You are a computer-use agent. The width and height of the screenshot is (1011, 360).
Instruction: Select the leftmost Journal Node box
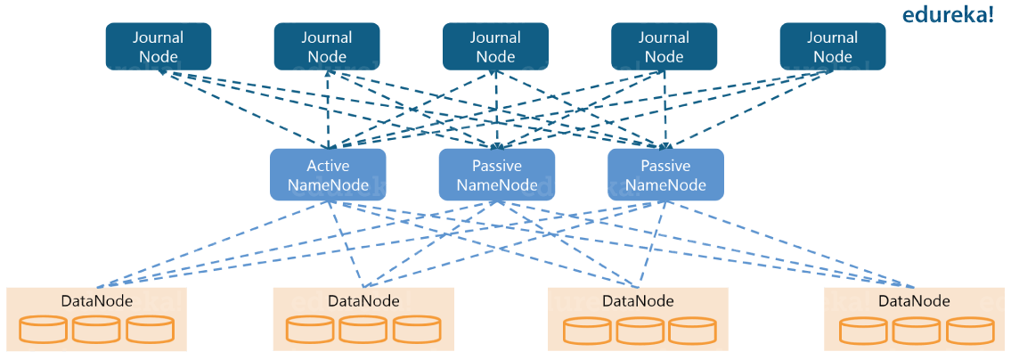click(x=159, y=46)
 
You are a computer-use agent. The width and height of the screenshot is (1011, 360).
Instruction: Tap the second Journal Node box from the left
click(x=327, y=46)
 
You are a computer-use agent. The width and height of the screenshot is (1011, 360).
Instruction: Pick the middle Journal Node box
click(x=495, y=46)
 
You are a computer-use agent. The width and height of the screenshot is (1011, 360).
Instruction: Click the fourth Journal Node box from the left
click(x=664, y=46)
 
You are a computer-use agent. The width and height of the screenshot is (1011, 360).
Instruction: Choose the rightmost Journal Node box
click(x=832, y=46)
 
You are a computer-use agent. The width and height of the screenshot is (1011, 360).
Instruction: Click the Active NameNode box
click(x=328, y=175)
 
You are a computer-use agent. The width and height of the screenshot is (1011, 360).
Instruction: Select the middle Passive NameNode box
click(x=496, y=175)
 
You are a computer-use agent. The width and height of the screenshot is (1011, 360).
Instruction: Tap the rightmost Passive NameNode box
click(x=665, y=175)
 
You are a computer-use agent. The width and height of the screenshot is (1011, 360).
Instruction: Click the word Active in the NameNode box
click(x=328, y=166)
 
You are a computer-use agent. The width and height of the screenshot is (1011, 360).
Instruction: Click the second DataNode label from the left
click(x=363, y=300)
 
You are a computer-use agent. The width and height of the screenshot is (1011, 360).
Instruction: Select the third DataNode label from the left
click(x=638, y=300)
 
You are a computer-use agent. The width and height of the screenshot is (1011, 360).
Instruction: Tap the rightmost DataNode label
click(x=914, y=300)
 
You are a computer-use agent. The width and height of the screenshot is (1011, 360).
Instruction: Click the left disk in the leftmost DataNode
click(x=43, y=329)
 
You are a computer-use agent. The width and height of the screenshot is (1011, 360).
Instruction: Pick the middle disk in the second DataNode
click(x=363, y=329)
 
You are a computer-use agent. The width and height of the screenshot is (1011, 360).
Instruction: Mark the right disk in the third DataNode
click(x=692, y=330)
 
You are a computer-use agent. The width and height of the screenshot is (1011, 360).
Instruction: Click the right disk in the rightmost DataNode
click(x=970, y=330)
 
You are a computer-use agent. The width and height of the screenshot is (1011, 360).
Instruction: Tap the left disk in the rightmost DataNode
click(x=863, y=330)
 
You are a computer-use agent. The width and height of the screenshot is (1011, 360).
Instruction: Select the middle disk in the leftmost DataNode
click(x=96, y=329)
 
